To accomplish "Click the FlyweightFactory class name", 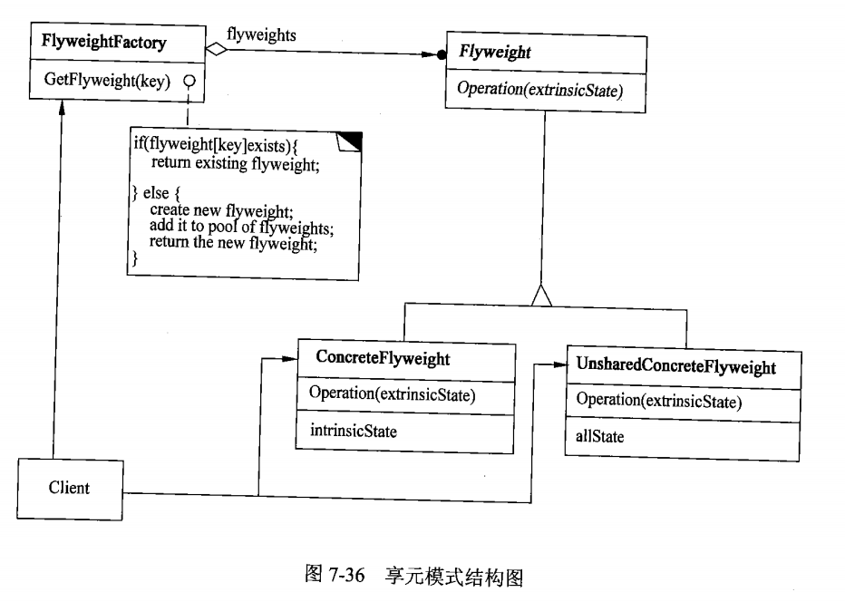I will coord(105,42).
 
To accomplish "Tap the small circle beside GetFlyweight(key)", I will coord(189,81).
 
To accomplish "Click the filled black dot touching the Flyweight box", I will coord(442,55).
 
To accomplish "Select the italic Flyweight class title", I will coord(495,53).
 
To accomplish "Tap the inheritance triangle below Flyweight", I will coord(541,295).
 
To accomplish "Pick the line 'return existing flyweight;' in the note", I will coord(236,164).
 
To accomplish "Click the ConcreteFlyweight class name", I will coord(383,358).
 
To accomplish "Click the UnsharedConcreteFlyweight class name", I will coord(675,367).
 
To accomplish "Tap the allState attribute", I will coord(599,437).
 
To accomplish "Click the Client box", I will coord(69,489).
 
